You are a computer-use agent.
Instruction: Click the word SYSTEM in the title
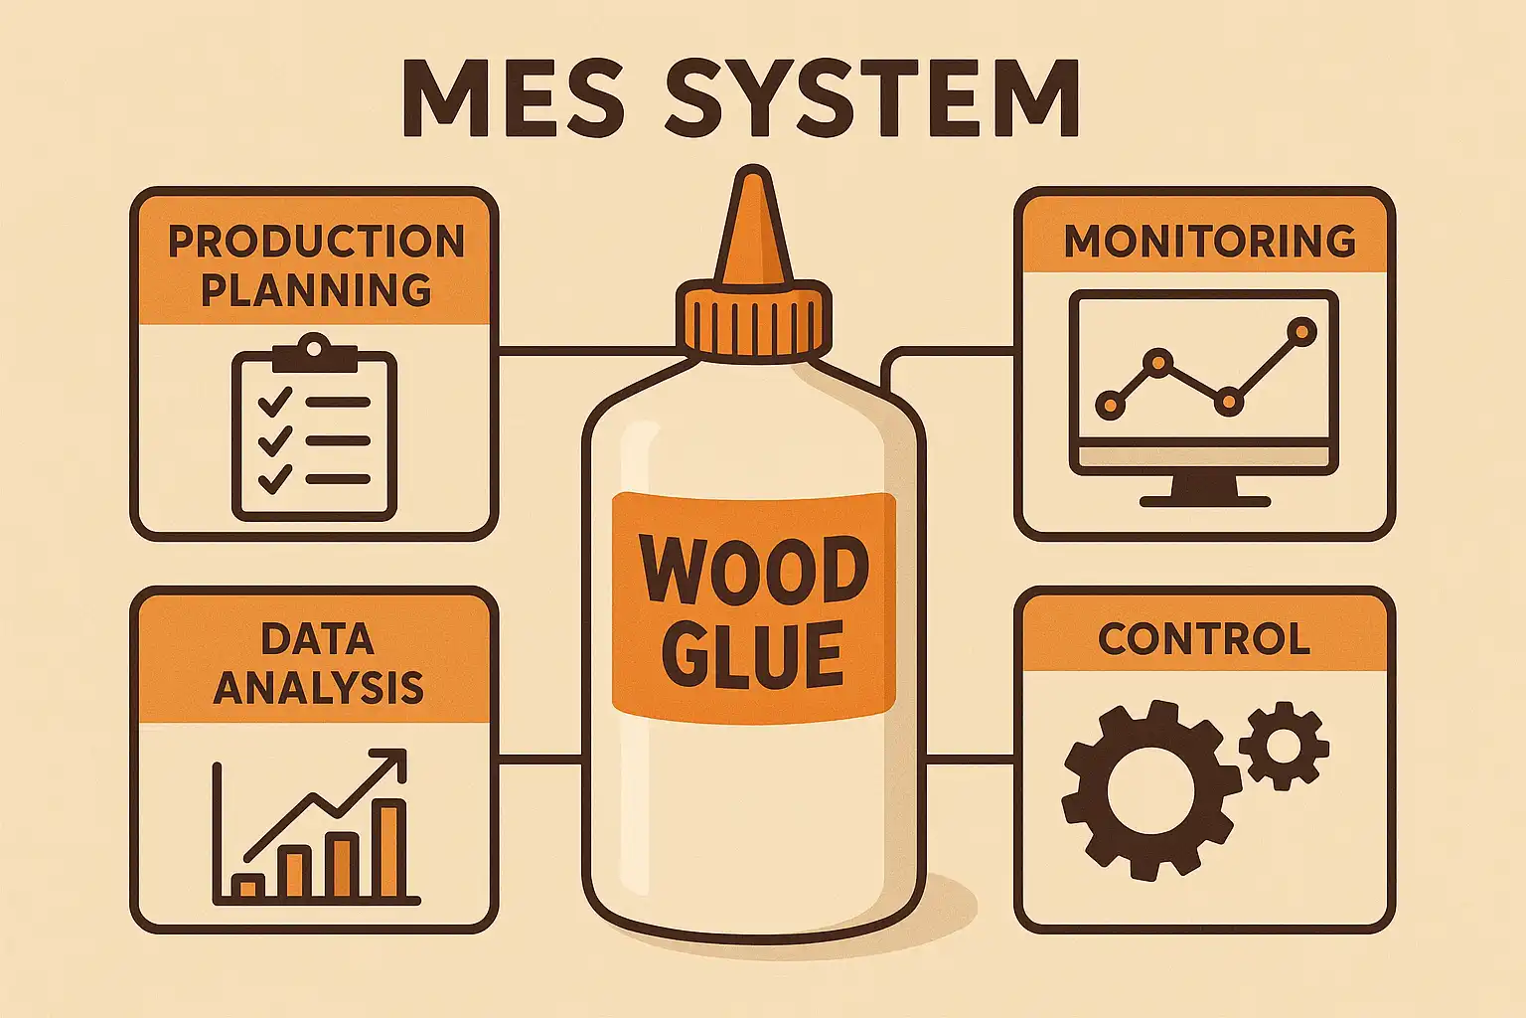click(870, 100)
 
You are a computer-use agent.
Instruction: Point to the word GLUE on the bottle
click(753, 655)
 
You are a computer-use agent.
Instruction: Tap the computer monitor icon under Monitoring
click(1204, 383)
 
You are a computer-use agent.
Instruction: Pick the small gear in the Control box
click(1284, 746)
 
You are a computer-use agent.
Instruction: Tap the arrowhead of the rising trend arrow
click(393, 764)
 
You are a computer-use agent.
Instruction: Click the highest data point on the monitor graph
click(1300, 331)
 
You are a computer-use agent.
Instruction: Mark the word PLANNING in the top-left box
click(316, 290)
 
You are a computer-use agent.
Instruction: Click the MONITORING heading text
click(1209, 242)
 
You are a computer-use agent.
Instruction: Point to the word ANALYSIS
click(318, 688)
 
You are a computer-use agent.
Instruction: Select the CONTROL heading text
click(1203, 639)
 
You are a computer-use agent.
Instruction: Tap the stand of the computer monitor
click(1205, 490)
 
